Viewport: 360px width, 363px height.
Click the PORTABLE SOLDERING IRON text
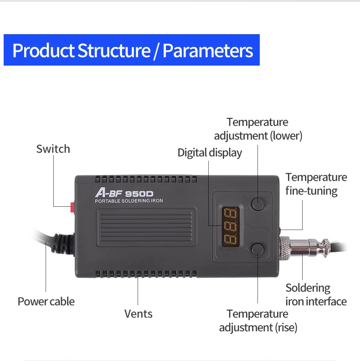point(129,201)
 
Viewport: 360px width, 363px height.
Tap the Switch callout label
point(53,149)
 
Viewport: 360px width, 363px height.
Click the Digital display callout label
point(210,153)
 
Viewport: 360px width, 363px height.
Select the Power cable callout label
point(46,302)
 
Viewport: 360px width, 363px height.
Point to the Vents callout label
point(139,314)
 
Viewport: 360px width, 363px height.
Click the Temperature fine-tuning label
point(316,184)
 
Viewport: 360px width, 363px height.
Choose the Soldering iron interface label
point(316,295)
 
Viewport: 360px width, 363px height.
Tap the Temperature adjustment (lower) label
point(258,129)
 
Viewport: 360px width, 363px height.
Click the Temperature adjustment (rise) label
point(258,321)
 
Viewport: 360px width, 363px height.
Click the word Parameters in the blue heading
point(207,51)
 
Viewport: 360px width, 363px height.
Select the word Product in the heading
point(43,51)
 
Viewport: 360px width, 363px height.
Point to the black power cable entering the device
point(50,242)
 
